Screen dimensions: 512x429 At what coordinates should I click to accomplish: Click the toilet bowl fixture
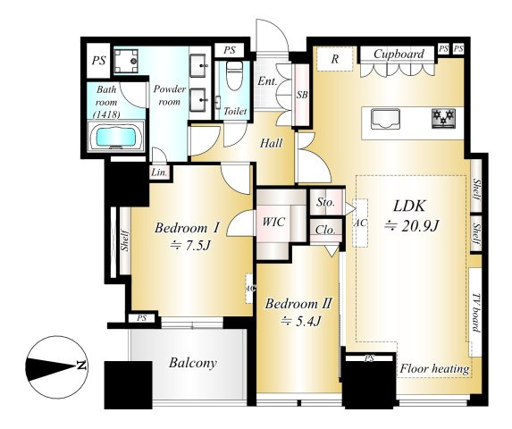click(234, 75)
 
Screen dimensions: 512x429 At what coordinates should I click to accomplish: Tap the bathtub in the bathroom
click(116, 137)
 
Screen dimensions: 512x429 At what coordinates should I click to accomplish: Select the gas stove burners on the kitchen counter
click(443, 118)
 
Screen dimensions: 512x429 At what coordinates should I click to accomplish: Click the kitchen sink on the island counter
click(385, 119)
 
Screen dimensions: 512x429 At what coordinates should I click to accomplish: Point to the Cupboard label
click(399, 54)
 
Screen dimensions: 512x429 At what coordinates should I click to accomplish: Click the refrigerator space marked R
click(335, 59)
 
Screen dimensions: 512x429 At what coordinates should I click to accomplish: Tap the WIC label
click(273, 222)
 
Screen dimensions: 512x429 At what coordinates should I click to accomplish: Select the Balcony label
click(193, 363)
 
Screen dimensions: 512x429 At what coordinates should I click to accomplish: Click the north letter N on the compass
click(81, 366)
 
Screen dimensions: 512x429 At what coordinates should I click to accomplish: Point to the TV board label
click(476, 313)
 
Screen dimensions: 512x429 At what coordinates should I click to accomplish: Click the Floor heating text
click(434, 369)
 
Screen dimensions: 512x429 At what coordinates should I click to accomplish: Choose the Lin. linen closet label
click(159, 172)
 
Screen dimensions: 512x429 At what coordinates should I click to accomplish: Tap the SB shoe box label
click(302, 95)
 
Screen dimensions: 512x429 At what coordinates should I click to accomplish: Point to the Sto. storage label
click(325, 202)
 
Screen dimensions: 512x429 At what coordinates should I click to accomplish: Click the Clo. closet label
click(325, 231)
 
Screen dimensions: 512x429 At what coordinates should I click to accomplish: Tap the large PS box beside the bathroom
click(98, 61)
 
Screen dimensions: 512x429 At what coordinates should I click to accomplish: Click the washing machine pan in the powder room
click(126, 61)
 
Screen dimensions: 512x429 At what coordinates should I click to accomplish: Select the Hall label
click(271, 143)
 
